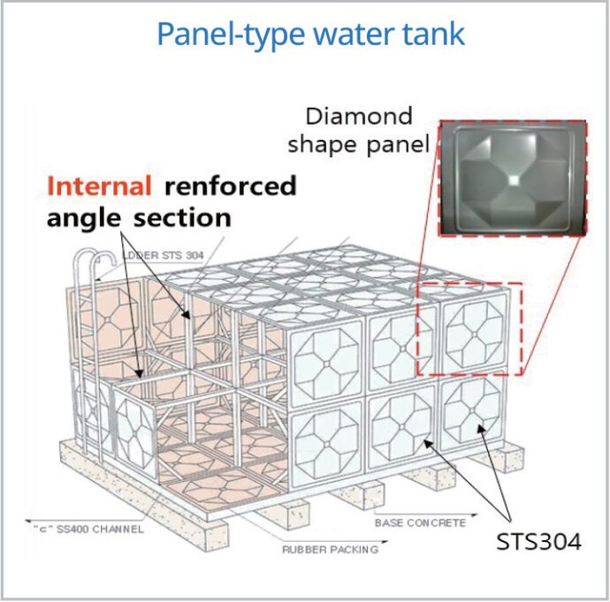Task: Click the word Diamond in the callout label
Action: (x=359, y=116)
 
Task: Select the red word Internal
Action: (x=99, y=187)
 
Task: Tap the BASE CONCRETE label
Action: (x=420, y=523)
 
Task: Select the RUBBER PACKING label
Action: (x=330, y=549)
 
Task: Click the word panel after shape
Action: (x=400, y=144)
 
